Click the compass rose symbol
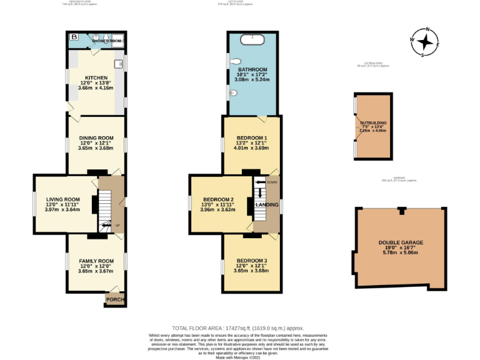coord(425,42)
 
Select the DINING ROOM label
coord(96,137)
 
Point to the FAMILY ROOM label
coord(96,261)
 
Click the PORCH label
coord(115,300)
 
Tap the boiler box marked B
coord(74,37)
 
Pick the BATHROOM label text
coord(252,69)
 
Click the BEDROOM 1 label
coord(252,137)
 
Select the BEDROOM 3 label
coord(252,260)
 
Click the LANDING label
coord(267,204)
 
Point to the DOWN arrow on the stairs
coord(261,182)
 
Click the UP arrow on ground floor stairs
coord(106,225)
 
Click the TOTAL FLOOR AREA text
coord(214,327)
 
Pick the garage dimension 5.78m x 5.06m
coord(401,254)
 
